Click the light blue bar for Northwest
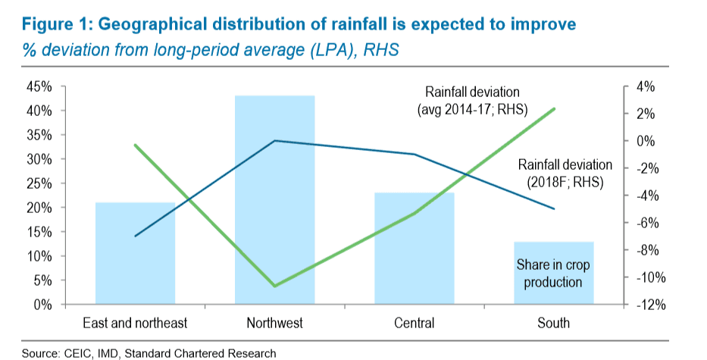point(274,200)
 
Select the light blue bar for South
point(553,273)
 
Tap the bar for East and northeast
point(135,253)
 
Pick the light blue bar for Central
point(414,249)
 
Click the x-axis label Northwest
point(274,324)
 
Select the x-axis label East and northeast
point(135,324)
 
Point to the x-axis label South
point(553,324)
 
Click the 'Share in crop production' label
point(553,274)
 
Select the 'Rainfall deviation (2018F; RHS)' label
point(565,173)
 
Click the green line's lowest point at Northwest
point(274,286)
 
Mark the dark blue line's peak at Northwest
point(274,141)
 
